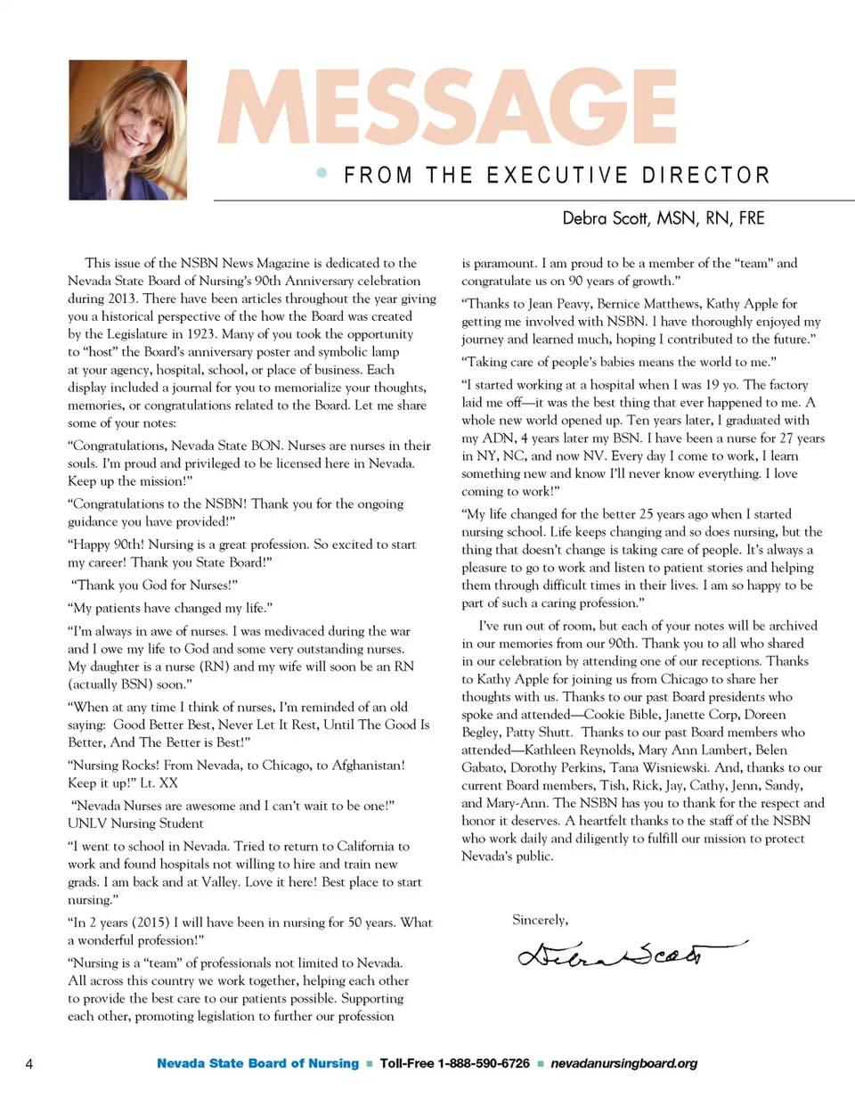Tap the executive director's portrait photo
tap(127, 130)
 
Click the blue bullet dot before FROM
tap(322, 174)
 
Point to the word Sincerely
tap(540, 920)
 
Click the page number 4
tap(30, 1063)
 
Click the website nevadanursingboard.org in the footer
tap(624, 1063)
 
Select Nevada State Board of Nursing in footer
tap(257, 1063)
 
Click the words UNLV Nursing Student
tap(135, 823)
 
